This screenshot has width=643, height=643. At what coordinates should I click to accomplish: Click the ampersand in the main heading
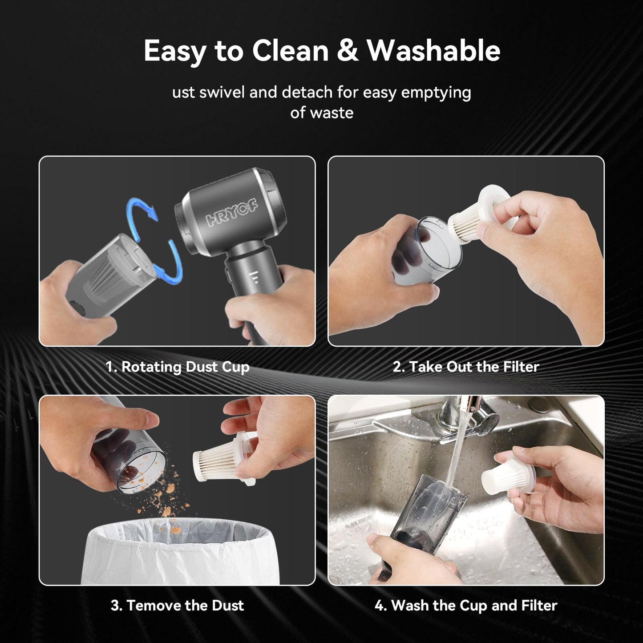pyautogui.click(x=347, y=51)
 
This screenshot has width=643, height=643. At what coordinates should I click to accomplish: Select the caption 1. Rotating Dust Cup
pyautogui.click(x=177, y=367)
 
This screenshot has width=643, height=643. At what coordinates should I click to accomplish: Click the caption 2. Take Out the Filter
pyautogui.click(x=465, y=367)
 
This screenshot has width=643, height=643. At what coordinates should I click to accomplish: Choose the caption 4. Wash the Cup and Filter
pyautogui.click(x=465, y=605)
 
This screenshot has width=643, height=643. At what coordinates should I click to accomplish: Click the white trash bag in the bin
pyautogui.click(x=178, y=552)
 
